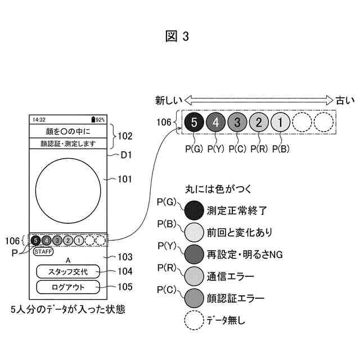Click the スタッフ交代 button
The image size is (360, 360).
pos(69,271)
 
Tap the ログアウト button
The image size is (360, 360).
pos(69,287)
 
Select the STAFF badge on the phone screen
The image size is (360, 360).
pos(43,251)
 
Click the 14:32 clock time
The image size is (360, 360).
pos(39,120)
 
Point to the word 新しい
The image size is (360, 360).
pos(169,100)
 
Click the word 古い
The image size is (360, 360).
pos(345,100)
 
